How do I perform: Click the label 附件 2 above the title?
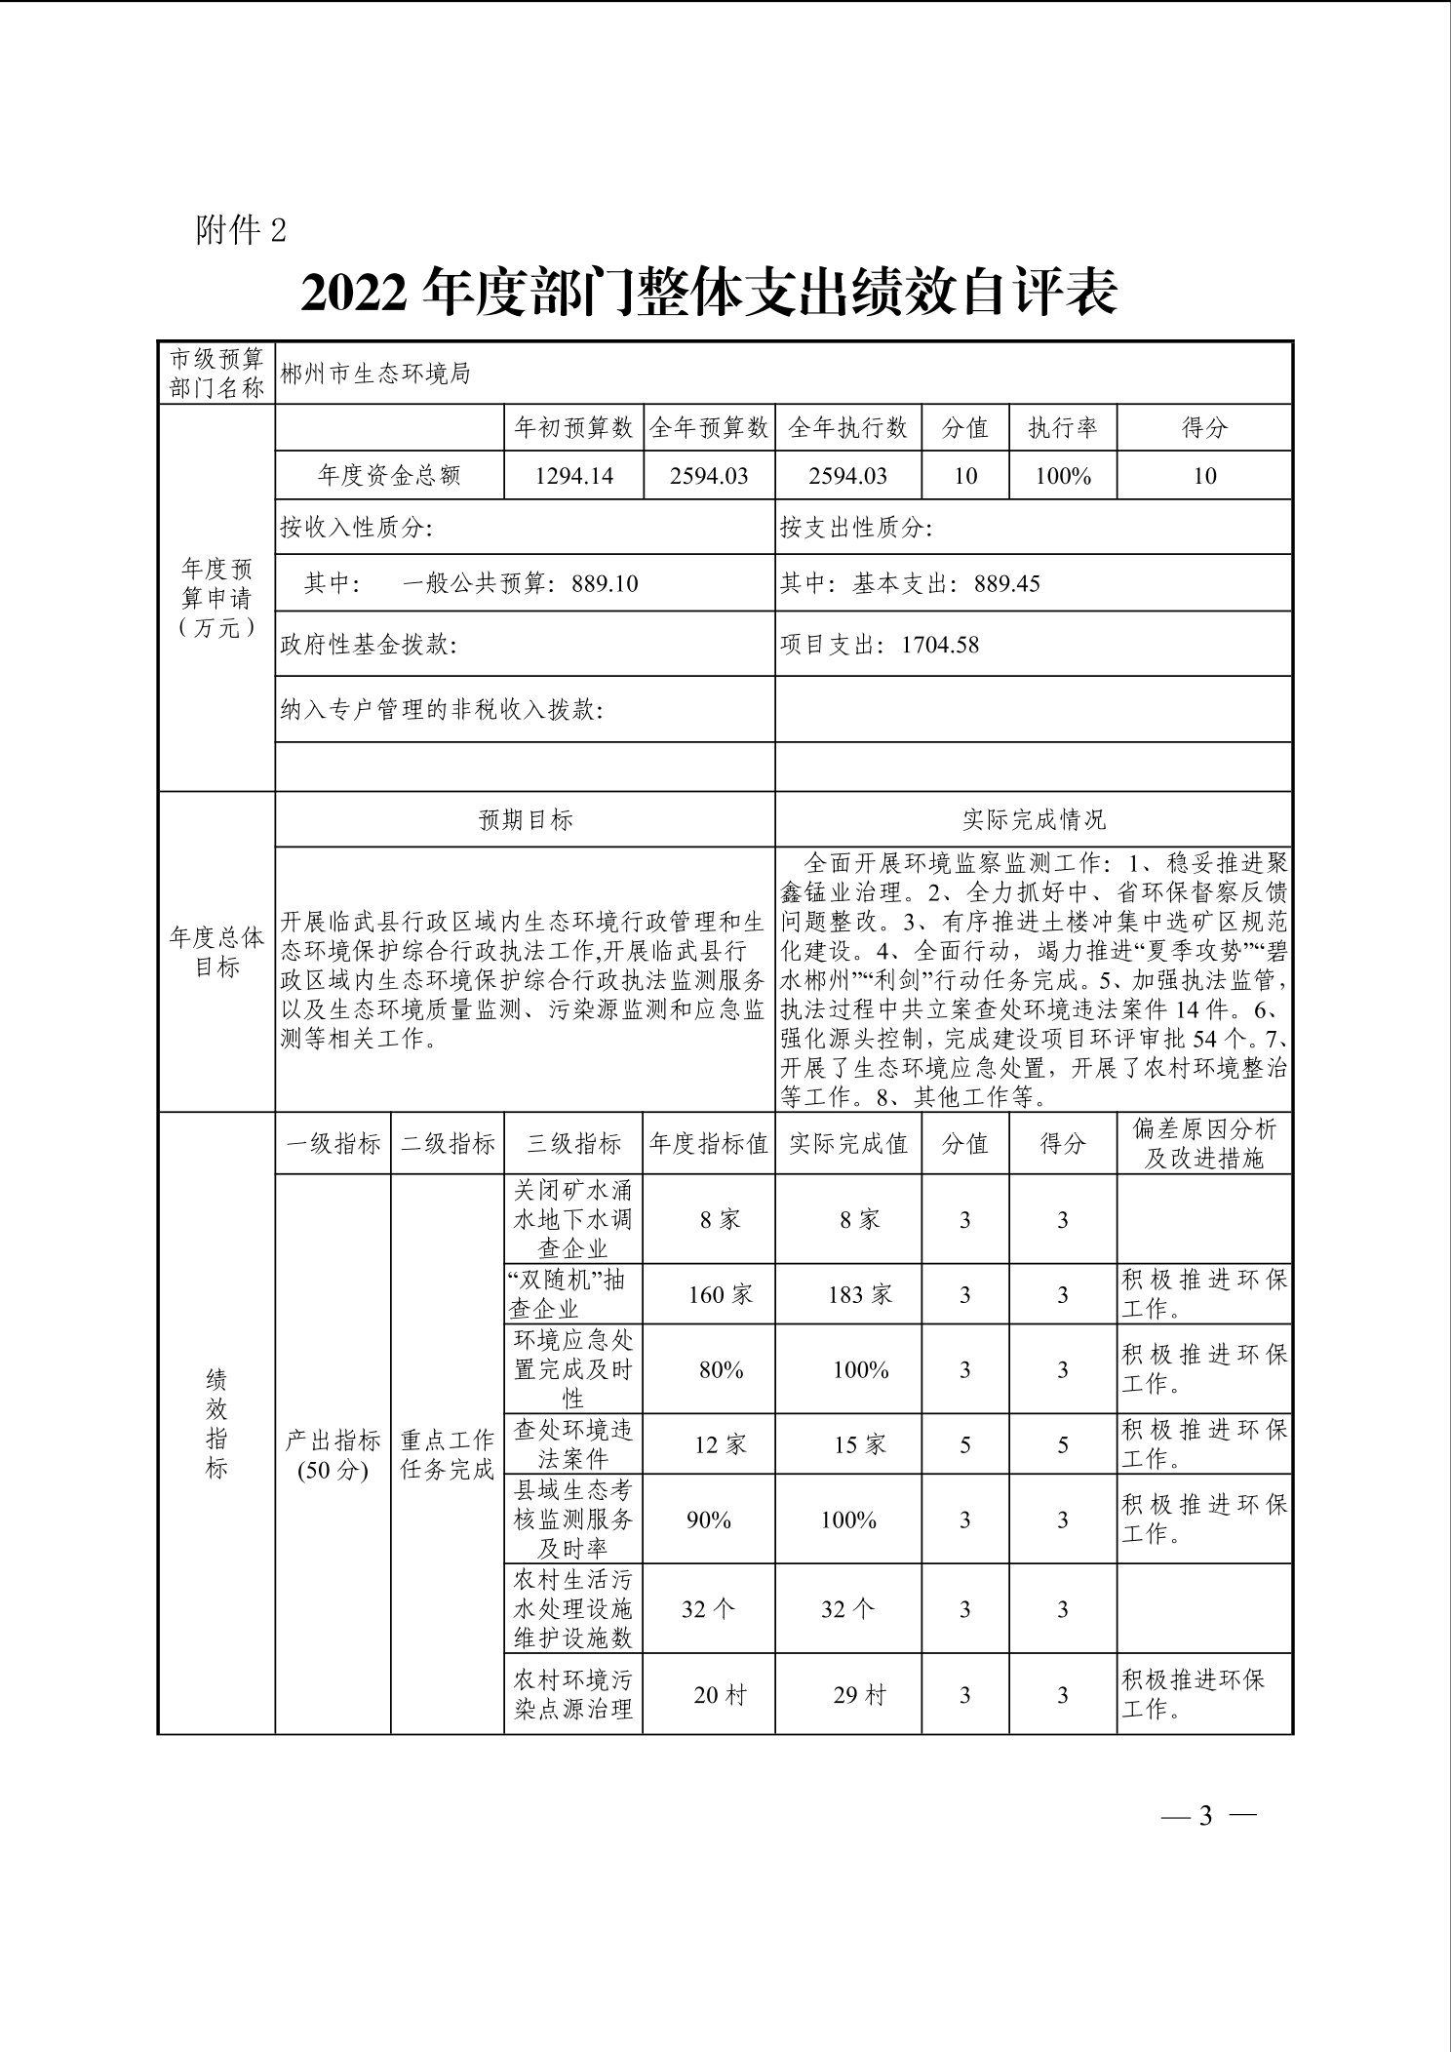click(241, 230)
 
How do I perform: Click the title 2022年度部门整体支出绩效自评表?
click(709, 292)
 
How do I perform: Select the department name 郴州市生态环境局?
click(375, 374)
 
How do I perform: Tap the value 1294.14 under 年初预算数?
click(573, 475)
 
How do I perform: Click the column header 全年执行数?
click(847, 427)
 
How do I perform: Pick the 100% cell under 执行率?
click(1062, 475)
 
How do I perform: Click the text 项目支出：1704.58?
click(879, 645)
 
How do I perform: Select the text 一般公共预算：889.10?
click(520, 583)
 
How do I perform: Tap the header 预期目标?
click(525, 819)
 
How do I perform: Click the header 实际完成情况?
click(1034, 819)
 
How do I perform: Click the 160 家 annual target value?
click(720, 1294)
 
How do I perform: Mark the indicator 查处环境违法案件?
click(573, 1443)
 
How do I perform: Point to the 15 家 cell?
click(859, 1443)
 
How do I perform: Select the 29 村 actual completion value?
click(859, 1695)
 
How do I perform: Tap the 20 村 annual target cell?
click(720, 1695)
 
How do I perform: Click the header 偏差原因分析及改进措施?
click(1204, 1143)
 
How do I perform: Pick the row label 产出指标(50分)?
click(333, 1454)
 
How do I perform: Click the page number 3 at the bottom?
click(1205, 1815)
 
